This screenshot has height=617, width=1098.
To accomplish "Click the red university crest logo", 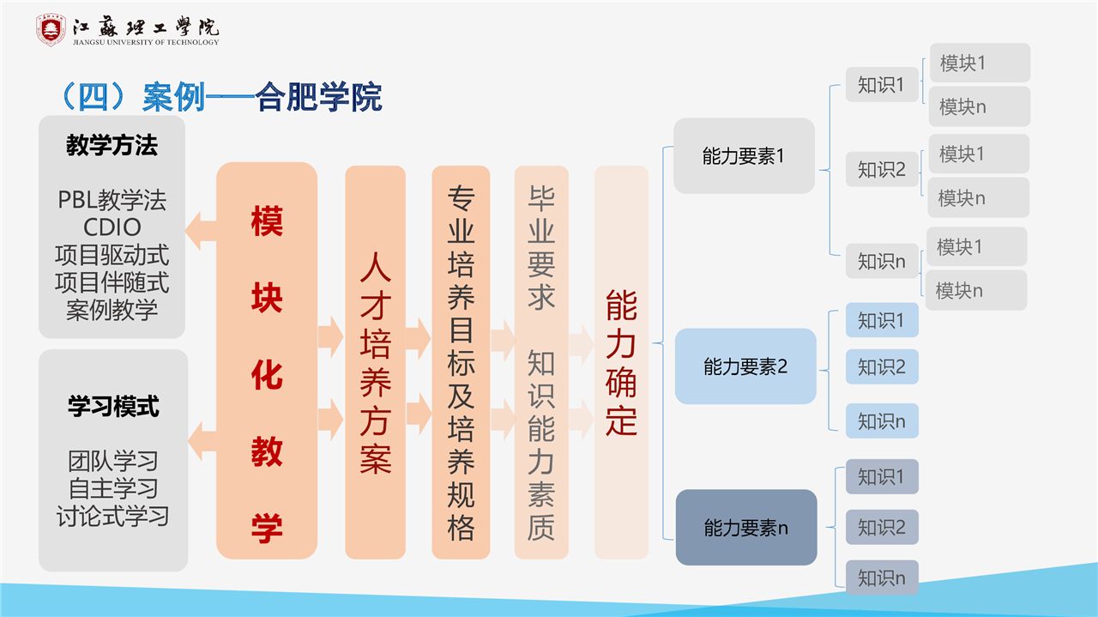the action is point(51,30).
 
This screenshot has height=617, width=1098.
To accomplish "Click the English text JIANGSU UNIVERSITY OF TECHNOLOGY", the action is point(146,42).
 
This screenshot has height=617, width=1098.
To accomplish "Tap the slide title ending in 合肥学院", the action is point(220,97).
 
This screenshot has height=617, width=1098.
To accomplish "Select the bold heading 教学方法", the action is point(112,145).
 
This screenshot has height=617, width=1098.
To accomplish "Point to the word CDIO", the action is point(112,227).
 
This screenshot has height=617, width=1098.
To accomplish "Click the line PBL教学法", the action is point(112,200).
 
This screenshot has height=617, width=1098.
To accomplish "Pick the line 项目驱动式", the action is point(112,255).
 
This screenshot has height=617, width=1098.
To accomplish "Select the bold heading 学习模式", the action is point(113,407).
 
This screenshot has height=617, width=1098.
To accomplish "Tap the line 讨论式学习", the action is point(112,516).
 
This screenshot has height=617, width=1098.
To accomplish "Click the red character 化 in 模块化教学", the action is point(267,375).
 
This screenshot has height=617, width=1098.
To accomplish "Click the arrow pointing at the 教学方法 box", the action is point(201,231).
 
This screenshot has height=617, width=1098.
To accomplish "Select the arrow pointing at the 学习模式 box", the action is point(202,441).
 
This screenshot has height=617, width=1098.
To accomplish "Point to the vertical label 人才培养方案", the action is point(376,363).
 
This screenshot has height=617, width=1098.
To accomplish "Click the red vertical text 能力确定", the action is point(621,362).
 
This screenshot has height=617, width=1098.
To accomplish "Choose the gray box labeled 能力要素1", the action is point(744,156).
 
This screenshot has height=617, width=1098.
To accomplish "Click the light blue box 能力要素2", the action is point(745,366).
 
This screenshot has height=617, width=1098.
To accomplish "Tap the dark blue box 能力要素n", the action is point(746,527).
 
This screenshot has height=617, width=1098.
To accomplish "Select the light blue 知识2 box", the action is point(882,366).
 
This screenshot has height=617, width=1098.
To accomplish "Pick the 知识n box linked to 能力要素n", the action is point(882,578).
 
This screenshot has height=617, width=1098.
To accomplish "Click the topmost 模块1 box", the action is point(980,63).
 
